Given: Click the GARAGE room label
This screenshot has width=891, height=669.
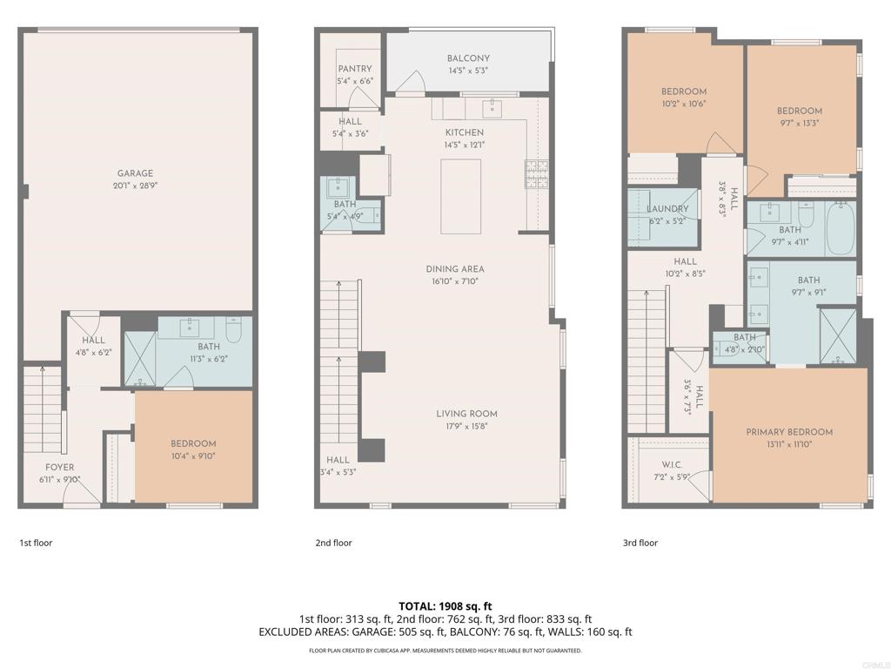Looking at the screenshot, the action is (135, 173).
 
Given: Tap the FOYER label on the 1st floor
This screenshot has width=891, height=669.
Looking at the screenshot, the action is (60, 468).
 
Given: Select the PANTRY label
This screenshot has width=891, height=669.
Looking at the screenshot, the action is (355, 69).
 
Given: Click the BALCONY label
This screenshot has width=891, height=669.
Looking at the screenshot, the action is (468, 58).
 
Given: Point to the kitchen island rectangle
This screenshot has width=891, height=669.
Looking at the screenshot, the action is (461, 196).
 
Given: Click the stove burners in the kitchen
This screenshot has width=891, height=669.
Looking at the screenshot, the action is (536, 174).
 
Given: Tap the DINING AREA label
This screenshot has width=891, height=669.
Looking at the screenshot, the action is (455, 269).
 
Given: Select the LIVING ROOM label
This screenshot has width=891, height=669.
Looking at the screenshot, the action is (466, 414).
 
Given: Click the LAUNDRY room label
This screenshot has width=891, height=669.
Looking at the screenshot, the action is (667, 209).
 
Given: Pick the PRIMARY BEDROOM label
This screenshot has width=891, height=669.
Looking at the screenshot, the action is (789, 432).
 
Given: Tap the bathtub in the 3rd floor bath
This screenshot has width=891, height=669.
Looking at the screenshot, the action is (840, 229).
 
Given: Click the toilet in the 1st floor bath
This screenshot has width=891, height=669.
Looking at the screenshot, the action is (234, 328).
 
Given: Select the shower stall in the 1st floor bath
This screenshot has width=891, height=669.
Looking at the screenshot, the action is (140, 358).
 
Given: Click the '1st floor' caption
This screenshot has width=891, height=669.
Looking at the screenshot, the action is (36, 543).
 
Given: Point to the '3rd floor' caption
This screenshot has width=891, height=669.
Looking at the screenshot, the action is (640, 543).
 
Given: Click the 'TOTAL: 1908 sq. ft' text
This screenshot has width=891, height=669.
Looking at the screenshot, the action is (445, 606).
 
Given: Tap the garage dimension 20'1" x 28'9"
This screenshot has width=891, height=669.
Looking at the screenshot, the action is (135, 186).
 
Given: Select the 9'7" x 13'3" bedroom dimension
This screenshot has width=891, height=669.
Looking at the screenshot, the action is (799, 123).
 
